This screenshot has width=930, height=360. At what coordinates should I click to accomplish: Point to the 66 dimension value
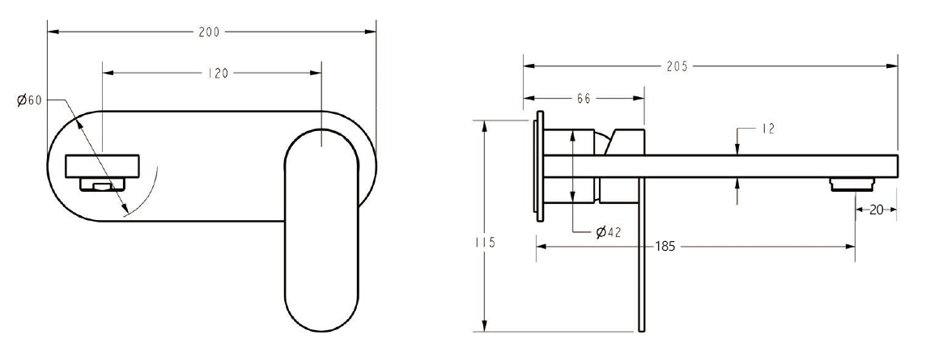pos(583,98)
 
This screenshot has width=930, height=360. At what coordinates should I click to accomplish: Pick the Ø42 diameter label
pos(608,232)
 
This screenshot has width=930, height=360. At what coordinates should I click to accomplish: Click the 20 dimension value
pos(877,210)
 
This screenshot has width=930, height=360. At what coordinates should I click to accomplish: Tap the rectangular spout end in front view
pos(103,167)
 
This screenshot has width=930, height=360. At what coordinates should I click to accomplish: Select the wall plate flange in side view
pos(537,162)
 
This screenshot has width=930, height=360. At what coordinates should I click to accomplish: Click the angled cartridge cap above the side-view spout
pos(628,141)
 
